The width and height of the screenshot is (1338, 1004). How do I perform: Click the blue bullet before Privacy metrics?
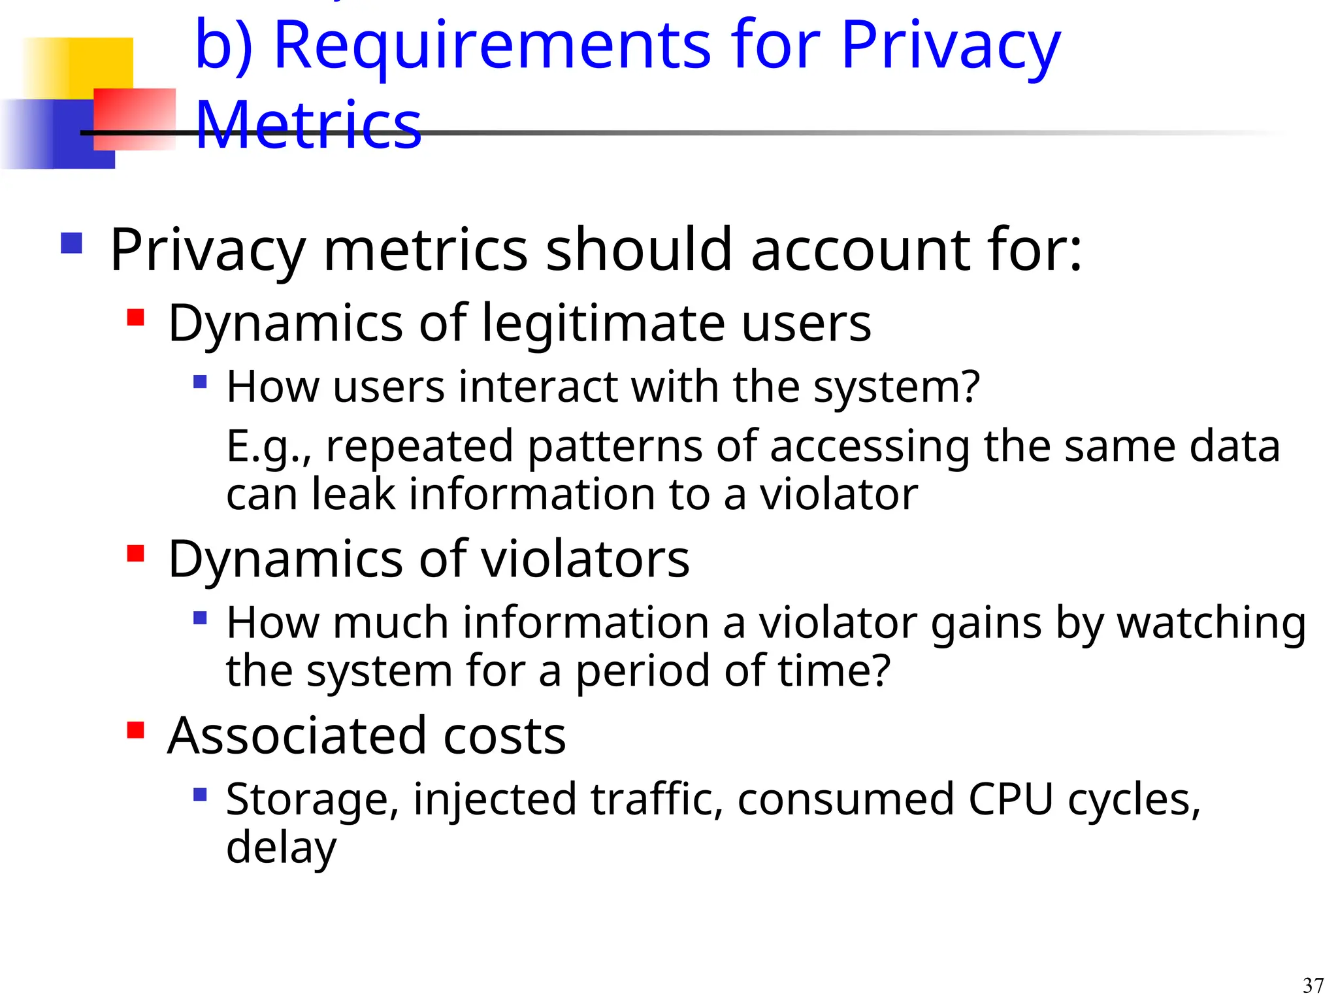(71, 243)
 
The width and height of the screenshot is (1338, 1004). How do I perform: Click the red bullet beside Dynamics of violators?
(135, 553)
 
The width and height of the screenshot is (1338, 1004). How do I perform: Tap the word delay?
(281, 847)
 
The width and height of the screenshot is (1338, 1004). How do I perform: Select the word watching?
(1211, 623)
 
